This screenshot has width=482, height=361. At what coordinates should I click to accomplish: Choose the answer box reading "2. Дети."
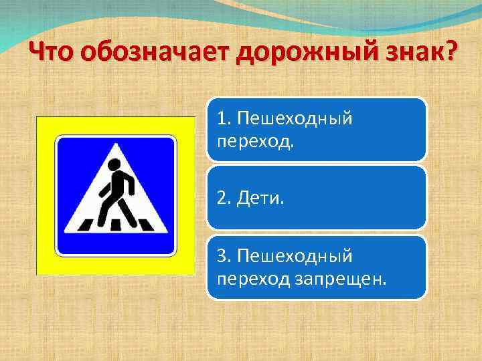pyautogui.click(x=316, y=198)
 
